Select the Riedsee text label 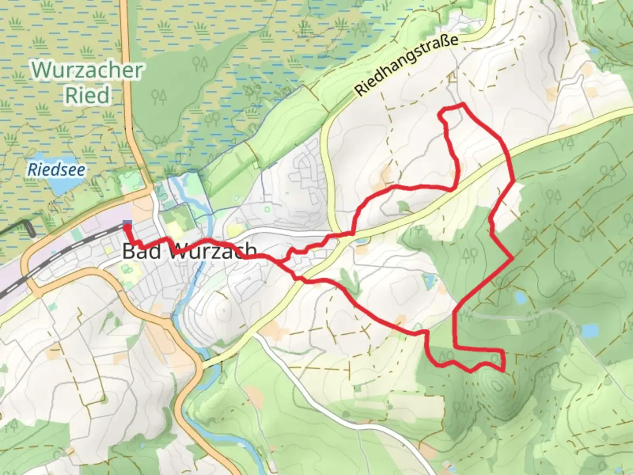(56, 170)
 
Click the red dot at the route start (127, 227)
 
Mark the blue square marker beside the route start (127, 223)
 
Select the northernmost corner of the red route (462, 104)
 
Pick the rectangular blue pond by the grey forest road (590, 329)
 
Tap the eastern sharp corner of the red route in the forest (512, 259)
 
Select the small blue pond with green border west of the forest (428, 280)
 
